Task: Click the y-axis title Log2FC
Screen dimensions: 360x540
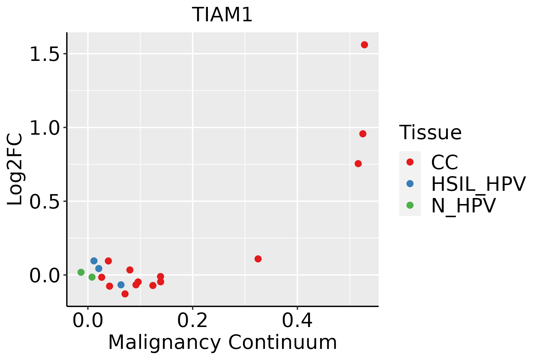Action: tap(15, 169)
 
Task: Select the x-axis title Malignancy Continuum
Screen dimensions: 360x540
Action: tap(222, 342)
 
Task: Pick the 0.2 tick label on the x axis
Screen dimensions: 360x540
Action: tap(192, 321)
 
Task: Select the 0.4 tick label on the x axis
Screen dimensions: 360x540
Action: tap(297, 321)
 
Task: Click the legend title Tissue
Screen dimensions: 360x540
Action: tap(430, 132)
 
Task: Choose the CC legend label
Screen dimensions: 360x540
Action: tap(445, 162)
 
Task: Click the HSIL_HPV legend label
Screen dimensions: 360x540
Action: tap(478, 184)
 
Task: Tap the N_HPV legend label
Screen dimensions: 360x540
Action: tap(463, 205)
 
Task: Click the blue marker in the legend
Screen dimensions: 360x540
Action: tap(410, 184)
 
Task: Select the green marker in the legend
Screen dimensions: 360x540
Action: tap(410, 205)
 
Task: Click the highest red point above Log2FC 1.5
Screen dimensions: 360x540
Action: tap(364, 45)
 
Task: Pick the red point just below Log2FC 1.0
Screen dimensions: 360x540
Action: tap(363, 134)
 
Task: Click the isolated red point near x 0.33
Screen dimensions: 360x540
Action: tap(258, 259)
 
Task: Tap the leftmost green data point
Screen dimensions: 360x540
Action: tap(81, 272)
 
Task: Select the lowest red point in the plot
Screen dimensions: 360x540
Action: tap(125, 294)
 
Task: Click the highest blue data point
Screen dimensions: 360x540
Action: tap(94, 261)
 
